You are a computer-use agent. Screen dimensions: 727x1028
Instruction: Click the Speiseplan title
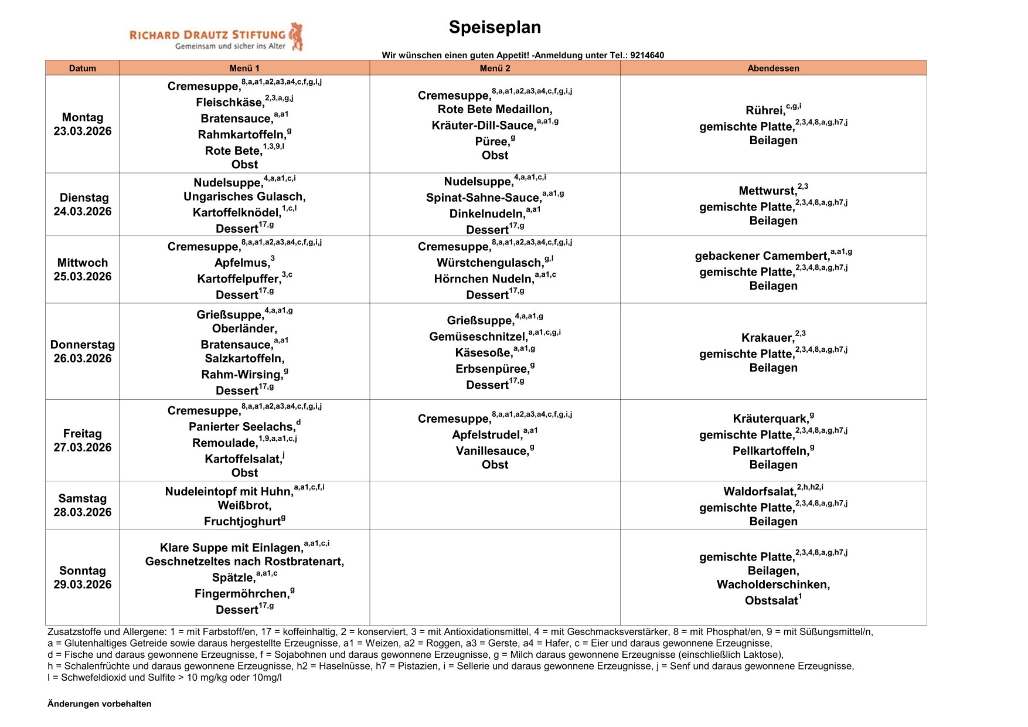pyautogui.click(x=495, y=27)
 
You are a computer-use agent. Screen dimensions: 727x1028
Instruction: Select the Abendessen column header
pyautogui.click(x=773, y=68)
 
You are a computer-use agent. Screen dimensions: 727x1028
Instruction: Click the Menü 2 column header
pyautogui.click(x=495, y=68)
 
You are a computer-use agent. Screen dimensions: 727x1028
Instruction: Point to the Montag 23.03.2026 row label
pyautogui.click(x=83, y=124)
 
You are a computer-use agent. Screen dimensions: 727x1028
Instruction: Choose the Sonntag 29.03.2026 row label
pyautogui.click(x=83, y=577)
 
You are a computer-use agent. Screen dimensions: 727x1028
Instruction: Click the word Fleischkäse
pyautogui.click(x=230, y=103)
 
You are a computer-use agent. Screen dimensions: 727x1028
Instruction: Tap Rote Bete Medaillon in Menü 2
pyautogui.click(x=495, y=110)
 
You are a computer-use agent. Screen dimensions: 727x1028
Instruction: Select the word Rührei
pyautogui.click(x=765, y=111)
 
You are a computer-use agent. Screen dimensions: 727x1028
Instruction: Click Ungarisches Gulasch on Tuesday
pyautogui.click(x=244, y=196)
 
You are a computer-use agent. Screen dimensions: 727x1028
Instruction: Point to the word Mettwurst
pyautogui.click(x=767, y=191)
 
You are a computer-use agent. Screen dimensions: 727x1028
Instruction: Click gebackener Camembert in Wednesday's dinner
pyautogui.click(x=761, y=256)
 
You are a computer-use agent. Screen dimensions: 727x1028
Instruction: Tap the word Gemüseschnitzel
pyautogui.click(x=478, y=337)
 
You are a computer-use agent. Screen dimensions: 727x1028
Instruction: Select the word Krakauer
pyautogui.click(x=767, y=338)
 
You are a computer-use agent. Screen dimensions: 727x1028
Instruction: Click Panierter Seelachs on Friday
pyautogui.click(x=241, y=427)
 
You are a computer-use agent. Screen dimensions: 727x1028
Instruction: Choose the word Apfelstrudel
pyautogui.click(x=486, y=435)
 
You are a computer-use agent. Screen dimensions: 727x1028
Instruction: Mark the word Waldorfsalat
pyautogui.click(x=759, y=492)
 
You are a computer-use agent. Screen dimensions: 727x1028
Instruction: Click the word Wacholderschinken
pyautogui.click(x=773, y=585)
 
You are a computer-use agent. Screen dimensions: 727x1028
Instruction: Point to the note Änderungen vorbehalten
pyautogui.click(x=100, y=704)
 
